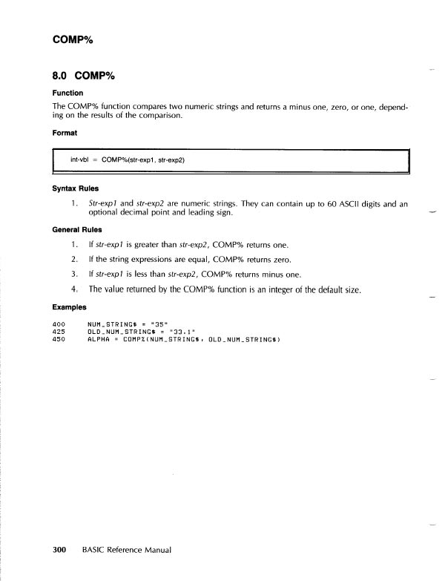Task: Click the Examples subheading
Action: pyautogui.click(x=70, y=305)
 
